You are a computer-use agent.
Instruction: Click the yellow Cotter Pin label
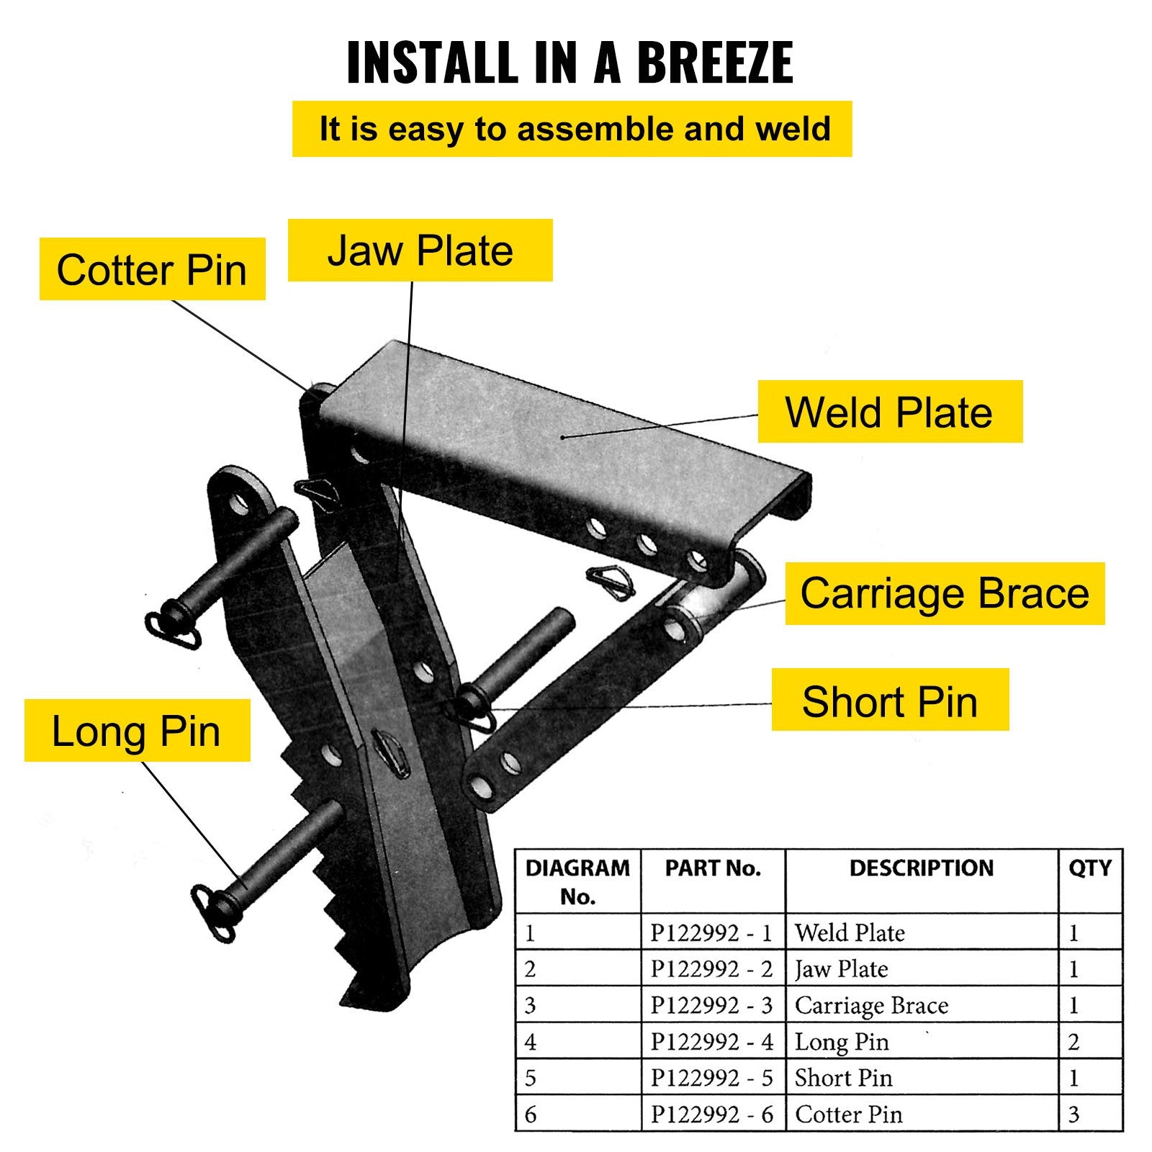pos(152,269)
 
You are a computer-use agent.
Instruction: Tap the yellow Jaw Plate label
pos(420,251)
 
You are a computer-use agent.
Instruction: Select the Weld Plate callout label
pos(889,412)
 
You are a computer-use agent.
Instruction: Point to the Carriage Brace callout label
pos(944,593)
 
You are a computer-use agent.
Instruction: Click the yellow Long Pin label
pos(137,731)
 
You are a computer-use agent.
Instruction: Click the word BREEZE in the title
pos(714,63)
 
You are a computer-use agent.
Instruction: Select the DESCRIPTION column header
pos(921,868)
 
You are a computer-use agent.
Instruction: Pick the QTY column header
pos(1089,868)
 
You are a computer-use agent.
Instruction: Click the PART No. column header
pos(712,868)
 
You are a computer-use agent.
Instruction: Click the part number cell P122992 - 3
pos(711,1005)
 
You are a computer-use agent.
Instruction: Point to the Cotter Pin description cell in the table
pos(848,1115)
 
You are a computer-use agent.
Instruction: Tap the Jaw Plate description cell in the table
pos(841,969)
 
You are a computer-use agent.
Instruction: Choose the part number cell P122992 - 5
pos(711,1078)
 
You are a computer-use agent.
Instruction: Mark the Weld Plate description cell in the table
pos(850,933)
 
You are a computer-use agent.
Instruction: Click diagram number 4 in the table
pos(531,1042)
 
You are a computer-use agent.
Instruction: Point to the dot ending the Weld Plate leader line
pos(562,437)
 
